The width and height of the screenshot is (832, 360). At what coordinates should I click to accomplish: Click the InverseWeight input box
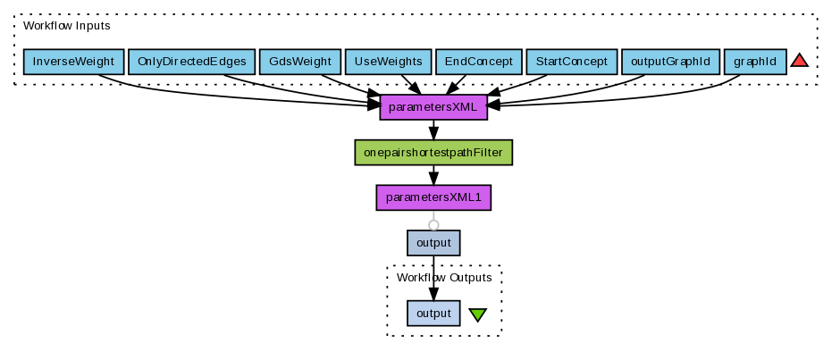(73, 62)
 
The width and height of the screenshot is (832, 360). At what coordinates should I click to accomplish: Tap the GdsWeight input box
(299, 62)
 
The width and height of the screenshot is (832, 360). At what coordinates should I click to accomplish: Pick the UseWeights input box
(388, 62)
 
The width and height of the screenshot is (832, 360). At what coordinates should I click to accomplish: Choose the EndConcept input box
(478, 62)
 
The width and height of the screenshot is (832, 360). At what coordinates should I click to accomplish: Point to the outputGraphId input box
(669, 62)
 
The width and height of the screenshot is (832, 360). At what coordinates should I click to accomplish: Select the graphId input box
(755, 62)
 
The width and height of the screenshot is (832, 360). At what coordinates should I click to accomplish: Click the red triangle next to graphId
(799, 61)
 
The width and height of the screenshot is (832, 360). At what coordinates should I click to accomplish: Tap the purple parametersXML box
(433, 107)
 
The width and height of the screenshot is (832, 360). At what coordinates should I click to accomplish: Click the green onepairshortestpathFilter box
(433, 153)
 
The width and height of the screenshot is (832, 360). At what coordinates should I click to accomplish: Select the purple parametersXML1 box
(433, 197)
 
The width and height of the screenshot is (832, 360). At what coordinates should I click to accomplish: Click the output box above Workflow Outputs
(433, 242)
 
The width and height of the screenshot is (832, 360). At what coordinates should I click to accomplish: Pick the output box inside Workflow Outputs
(433, 313)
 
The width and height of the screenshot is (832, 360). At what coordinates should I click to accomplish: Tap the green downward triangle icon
(477, 314)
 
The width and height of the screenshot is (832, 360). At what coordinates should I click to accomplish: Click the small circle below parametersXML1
(433, 224)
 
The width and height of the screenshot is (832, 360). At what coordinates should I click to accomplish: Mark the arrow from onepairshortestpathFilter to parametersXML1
(433, 175)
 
